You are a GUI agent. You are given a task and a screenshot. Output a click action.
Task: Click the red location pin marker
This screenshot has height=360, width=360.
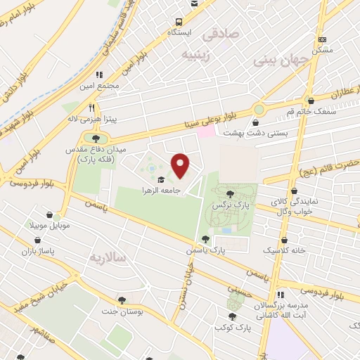[181, 166]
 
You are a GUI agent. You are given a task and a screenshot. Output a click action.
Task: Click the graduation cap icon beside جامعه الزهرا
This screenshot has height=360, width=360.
[161, 179]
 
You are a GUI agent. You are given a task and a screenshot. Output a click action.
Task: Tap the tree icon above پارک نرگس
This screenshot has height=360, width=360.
[231, 192]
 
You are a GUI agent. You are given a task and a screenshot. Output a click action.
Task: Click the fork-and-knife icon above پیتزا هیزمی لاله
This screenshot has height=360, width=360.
[91, 108]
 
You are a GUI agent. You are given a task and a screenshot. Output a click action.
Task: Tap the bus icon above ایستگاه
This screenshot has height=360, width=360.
[180, 22]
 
